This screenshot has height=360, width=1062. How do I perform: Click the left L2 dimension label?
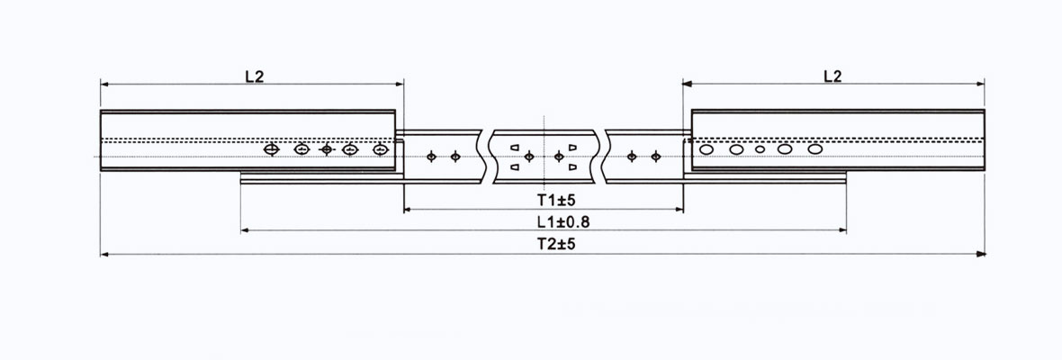tap(255, 76)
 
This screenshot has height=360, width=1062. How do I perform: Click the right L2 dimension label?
tap(832, 76)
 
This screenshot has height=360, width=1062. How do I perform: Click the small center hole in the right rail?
tap(760, 149)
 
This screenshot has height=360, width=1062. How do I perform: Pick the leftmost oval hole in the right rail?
tap(707, 149)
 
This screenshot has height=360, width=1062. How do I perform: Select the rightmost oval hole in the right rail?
tap(815, 149)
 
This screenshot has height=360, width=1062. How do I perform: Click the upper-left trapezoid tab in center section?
tap(515, 147)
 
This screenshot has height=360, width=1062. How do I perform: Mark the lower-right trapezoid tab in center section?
tap(572, 166)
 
